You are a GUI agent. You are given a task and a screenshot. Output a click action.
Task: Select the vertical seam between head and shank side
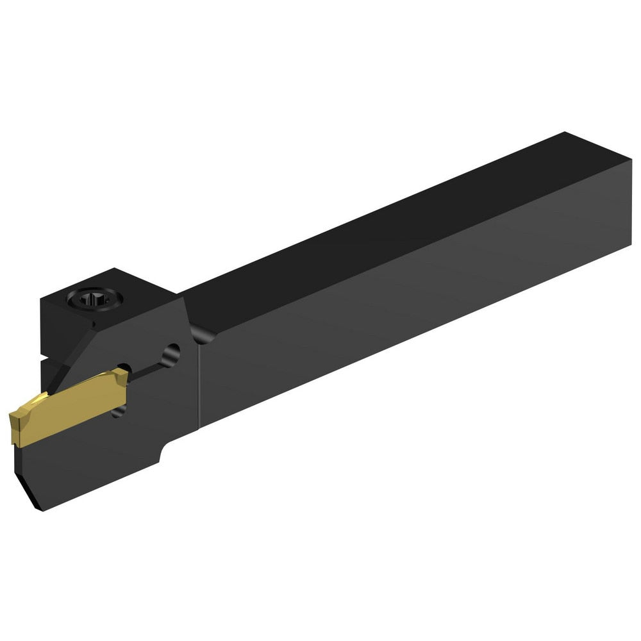[x=199, y=385]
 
